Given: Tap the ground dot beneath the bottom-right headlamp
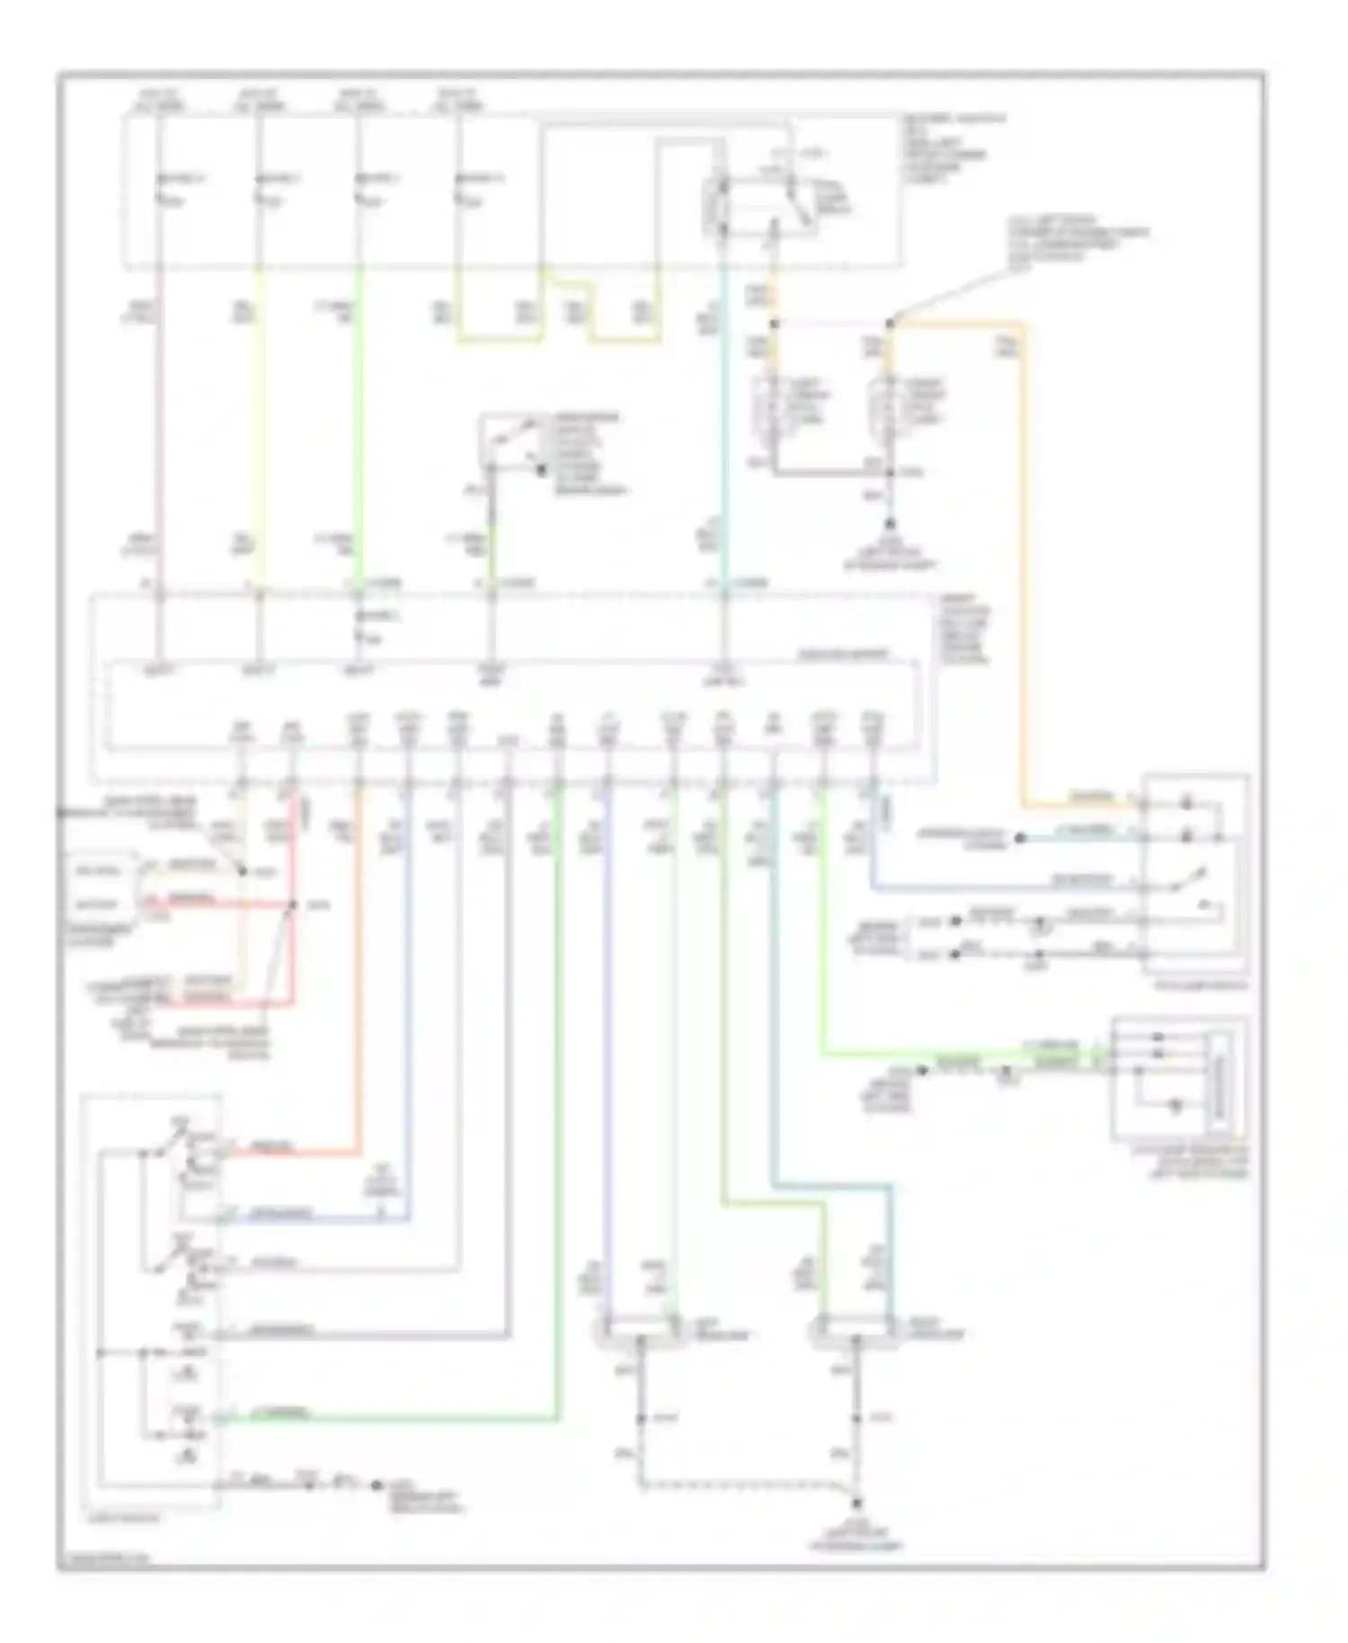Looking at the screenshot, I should (x=857, y=1503).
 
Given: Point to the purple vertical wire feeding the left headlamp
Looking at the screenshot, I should (x=607, y=1034).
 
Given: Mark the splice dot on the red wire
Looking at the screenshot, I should (x=291, y=904).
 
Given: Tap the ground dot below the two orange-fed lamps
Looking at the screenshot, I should (x=890, y=524).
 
